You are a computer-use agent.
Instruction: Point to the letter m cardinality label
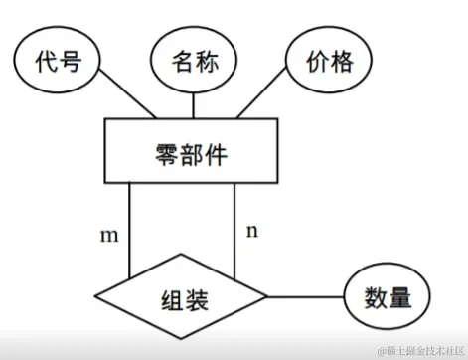pos(109,236)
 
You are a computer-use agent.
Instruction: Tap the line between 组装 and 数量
pos(305,297)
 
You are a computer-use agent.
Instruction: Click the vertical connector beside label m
pos(131,230)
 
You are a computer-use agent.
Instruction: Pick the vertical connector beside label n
pos(234,230)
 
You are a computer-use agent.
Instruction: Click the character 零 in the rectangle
pos(166,152)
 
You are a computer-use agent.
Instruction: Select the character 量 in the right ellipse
pos(399,297)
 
